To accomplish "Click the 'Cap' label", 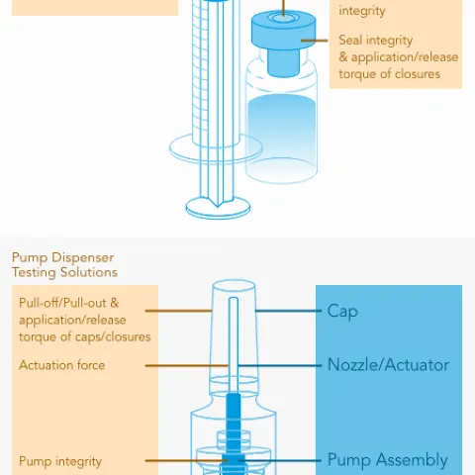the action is click(x=342, y=311).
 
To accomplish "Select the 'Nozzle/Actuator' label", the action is click(x=388, y=365).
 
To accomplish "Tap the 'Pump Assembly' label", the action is click(x=388, y=460).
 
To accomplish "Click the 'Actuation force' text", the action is click(x=62, y=365).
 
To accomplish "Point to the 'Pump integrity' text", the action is click(x=60, y=461).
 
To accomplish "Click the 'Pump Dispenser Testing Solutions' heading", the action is click(x=64, y=265).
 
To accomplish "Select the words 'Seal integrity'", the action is click(x=376, y=41).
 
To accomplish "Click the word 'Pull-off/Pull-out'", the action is click(x=62, y=303).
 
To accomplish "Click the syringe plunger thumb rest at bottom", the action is click(x=218, y=209).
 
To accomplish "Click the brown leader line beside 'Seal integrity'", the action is click(x=315, y=41).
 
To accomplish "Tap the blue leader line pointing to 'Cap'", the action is click(x=288, y=311).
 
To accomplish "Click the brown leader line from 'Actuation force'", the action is click(x=187, y=365).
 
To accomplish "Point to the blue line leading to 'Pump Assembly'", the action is click(x=280, y=460).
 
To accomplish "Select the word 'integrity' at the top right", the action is click(x=362, y=11).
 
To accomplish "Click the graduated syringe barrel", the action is click(x=216, y=72).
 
